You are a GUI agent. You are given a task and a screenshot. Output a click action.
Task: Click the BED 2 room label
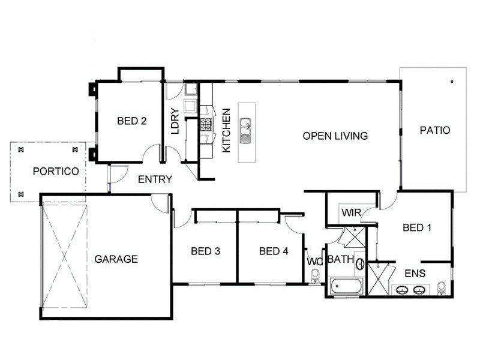[132, 121]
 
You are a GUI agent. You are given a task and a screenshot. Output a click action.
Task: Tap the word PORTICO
[56, 171]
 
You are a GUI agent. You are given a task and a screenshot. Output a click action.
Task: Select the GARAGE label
[116, 259]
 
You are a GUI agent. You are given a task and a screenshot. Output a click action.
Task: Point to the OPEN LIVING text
[335, 136]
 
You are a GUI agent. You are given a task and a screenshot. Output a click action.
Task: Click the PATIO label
[434, 130]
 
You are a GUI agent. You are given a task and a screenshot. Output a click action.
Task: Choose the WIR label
[350, 212]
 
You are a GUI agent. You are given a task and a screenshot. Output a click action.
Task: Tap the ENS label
[415, 273]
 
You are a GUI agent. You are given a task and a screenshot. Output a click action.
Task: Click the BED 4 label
[274, 251]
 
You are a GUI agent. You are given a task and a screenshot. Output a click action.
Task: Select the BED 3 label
[205, 251]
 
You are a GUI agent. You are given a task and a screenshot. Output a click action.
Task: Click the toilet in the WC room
[316, 275]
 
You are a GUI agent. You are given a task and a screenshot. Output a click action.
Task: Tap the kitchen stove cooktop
[206, 124]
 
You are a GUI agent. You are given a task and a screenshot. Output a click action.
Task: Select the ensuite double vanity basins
[411, 290]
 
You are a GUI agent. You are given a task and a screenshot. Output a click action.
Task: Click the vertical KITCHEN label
[227, 130]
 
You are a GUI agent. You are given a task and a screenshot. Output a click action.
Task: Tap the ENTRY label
[155, 179]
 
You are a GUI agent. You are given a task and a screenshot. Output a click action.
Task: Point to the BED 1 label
[417, 227]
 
